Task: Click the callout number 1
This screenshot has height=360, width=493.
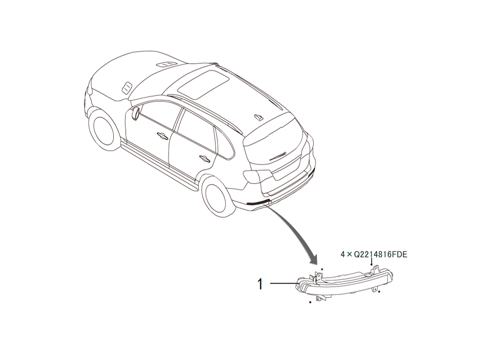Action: click(260, 284)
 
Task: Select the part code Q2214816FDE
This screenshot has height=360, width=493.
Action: click(381, 254)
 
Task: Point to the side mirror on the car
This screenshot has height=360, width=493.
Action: click(136, 113)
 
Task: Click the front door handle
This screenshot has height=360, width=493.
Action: click(163, 135)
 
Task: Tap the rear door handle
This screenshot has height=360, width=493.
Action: click(204, 158)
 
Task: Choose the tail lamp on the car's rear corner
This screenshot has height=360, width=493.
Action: click(258, 177)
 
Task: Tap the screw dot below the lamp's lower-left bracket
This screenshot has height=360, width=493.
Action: click(310, 302)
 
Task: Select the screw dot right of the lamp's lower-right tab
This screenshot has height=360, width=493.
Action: click(380, 292)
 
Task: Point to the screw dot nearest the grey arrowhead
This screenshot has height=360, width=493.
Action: click(322, 269)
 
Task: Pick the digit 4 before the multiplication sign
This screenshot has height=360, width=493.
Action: click(343, 254)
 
